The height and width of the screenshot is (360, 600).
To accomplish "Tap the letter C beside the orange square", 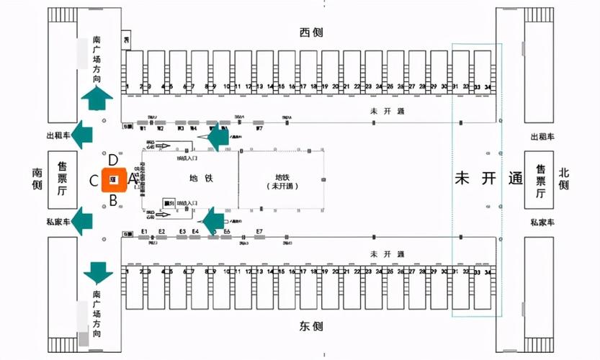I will click(x=94, y=181).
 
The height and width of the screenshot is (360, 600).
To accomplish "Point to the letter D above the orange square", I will click(x=113, y=160).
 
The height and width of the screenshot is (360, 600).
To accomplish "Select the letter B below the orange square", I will click(x=113, y=201).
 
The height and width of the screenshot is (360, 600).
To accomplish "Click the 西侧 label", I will click(x=311, y=32).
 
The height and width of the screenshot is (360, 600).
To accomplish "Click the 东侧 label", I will click(x=311, y=325).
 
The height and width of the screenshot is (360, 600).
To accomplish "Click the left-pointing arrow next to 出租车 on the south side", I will click(x=84, y=134).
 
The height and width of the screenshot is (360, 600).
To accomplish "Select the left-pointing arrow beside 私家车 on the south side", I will click(x=84, y=222).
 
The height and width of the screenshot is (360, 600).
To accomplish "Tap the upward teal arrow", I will click(x=96, y=96).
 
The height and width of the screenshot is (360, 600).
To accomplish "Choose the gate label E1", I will click(x=144, y=231).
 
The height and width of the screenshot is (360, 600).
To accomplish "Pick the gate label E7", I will click(x=259, y=231).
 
